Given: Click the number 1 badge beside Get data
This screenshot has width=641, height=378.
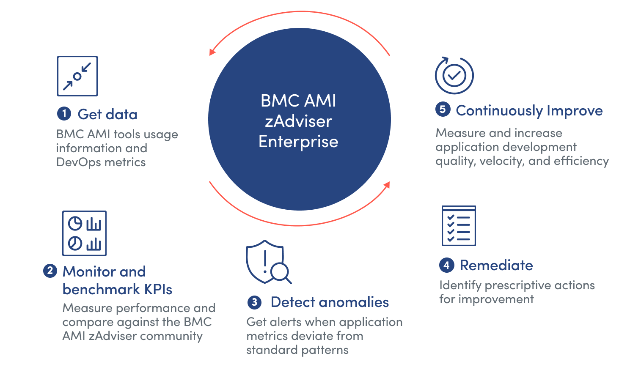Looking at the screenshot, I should tap(64, 113).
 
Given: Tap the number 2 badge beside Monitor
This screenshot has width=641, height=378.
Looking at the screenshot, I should tap(50, 271).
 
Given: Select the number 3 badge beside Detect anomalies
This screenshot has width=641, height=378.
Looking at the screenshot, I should tap(254, 302).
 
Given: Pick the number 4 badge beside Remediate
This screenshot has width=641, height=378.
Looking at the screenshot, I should tap(446, 265).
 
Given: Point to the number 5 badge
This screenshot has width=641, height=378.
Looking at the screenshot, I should tap(443, 110).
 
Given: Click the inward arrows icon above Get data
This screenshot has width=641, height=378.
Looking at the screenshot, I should tap(77, 76).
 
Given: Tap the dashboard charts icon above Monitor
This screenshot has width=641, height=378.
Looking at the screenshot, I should tap(85, 233).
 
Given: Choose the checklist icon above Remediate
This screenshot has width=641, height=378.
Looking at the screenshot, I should tap(459, 226).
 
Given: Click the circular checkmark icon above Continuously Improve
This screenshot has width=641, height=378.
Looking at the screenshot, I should tap(454, 75).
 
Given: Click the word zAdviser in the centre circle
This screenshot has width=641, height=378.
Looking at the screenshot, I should tap(298, 121).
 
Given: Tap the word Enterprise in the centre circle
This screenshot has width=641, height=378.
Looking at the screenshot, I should tap(298, 142).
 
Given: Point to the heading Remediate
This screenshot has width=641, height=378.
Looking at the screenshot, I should tap(496, 265).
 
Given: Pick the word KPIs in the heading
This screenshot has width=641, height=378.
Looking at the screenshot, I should tap(158, 289).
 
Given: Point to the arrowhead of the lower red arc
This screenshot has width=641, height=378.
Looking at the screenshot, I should tap(386, 185).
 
